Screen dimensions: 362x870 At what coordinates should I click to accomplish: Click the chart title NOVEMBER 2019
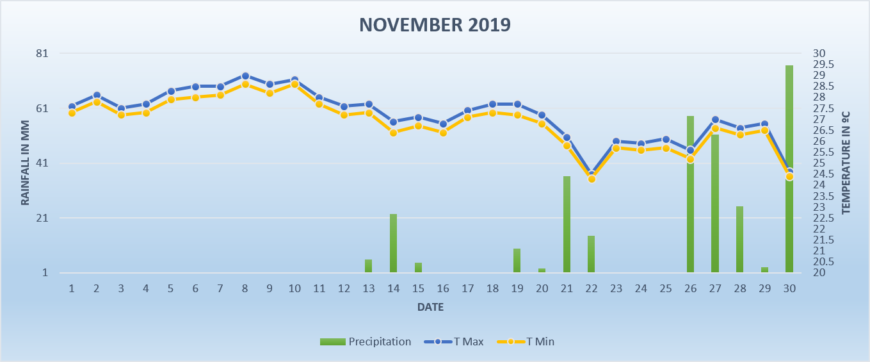(x=435, y=25)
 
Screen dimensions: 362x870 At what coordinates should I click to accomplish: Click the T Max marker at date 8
(x=245, y=76)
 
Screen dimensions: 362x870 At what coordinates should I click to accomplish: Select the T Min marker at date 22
(x=592, y=179)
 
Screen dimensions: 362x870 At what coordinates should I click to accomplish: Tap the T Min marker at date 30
(x=789, y=177)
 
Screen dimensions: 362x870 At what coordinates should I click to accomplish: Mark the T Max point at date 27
(x=715, y=120)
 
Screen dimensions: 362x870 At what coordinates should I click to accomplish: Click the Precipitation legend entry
(x=366, y=341)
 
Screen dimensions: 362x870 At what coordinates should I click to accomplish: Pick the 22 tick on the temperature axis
(x=819, y=229)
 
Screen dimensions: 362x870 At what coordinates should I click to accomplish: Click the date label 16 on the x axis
(x=443, y=288)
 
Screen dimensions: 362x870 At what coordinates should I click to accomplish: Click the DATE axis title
(x=430, y=308)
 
